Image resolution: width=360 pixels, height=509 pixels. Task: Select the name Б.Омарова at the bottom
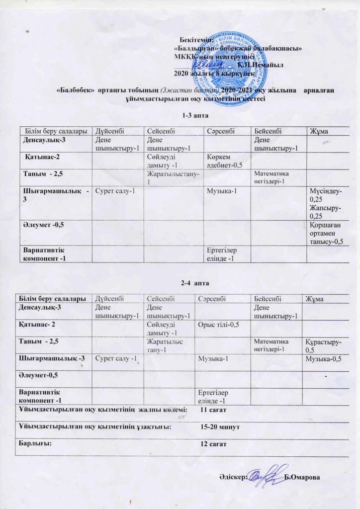303,478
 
